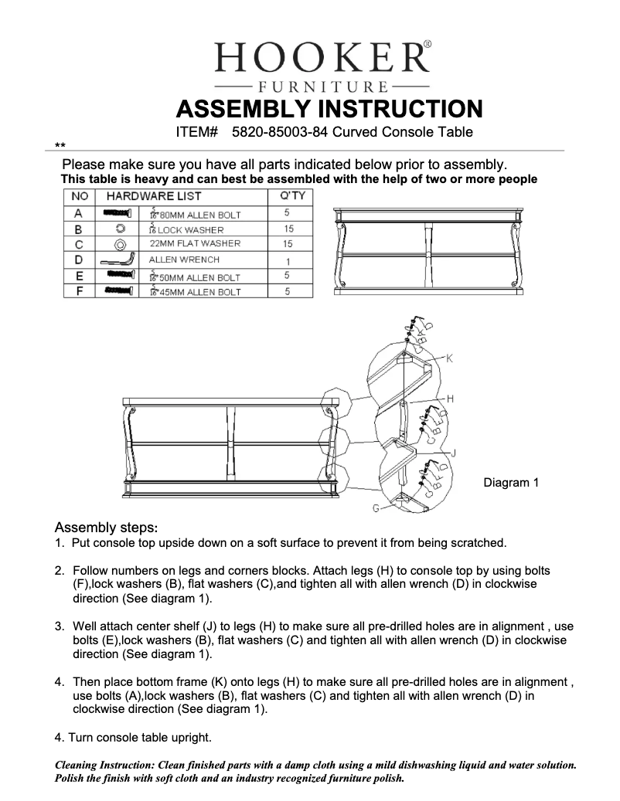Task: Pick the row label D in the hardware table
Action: [x=78, y=260]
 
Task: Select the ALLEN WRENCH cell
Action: [x=185, y=260]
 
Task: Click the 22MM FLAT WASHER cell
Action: [x=195, y=243]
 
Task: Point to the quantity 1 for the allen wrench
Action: [x=288, y=261]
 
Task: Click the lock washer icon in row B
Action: [x=120, y=229]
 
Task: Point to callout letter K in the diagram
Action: [x=450, y=358]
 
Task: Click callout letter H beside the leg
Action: [x=450, y=399]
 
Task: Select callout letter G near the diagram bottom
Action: [x=376, y=508]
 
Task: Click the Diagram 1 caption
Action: [x=511, y=483]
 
